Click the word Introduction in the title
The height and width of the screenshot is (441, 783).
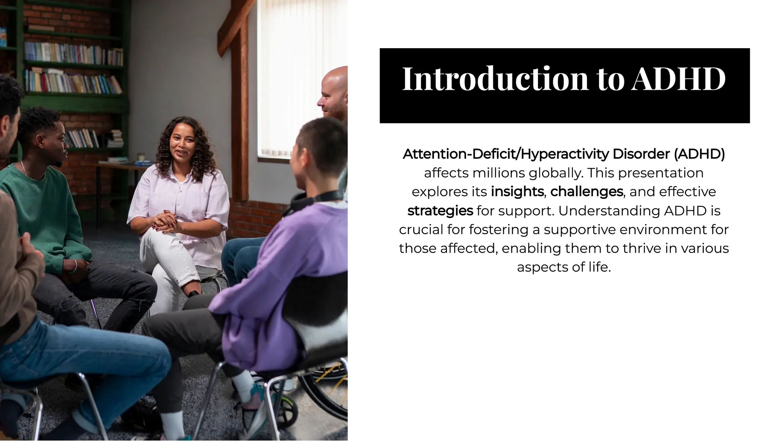(495, 79)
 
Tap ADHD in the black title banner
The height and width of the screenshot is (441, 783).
(679, 79)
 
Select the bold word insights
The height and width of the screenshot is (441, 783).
(517, 191)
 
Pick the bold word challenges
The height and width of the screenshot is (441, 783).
(586, 191)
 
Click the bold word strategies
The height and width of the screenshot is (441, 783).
(440, 210)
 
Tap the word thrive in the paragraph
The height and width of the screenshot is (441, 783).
(642, 248)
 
